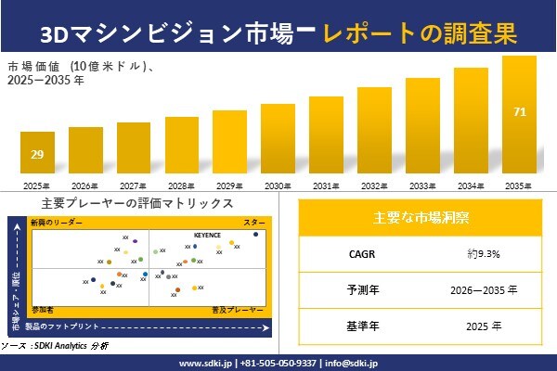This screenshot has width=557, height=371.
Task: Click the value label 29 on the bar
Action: point(36,153)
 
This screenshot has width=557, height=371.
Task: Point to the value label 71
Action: point(519,112)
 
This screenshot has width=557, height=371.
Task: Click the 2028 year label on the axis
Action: point(181,186)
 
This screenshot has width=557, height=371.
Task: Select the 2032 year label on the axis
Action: point(374,186)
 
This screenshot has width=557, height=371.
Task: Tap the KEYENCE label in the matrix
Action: point(207,235)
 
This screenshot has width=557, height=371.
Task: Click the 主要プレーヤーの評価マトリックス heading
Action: point(137,203)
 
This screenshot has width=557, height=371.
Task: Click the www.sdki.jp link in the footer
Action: point(205,363)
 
